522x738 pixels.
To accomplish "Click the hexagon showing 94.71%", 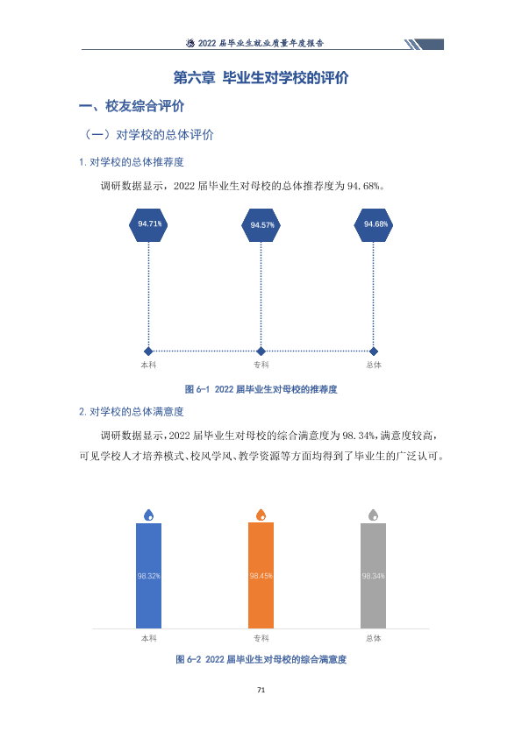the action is point(148,225).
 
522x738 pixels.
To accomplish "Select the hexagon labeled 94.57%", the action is point(261,225).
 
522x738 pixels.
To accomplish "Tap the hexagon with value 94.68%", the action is point(374,225).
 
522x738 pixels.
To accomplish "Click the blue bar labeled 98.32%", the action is point(149,576).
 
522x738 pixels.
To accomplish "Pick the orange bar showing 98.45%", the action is point(261,576).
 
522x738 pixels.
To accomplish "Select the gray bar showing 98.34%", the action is point(373,576).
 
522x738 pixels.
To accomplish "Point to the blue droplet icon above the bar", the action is point(149,514).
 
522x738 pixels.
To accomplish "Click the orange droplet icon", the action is point(261,514).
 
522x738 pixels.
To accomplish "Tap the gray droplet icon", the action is point(373,514).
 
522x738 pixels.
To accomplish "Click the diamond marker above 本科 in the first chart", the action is point(148,351).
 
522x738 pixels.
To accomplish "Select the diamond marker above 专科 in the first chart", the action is point(261,351).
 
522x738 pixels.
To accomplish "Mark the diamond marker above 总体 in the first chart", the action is point(374,351).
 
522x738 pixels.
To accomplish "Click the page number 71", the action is point(261,690).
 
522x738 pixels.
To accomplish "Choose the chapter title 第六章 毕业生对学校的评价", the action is point(261,78).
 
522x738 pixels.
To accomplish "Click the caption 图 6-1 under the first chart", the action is point(261,389).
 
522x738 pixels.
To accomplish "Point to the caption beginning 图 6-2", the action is point(261,659).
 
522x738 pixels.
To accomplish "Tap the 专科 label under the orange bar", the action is point(261,638).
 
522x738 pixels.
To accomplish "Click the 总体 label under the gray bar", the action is point(374,638).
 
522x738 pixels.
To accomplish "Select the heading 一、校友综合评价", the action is point(132,106).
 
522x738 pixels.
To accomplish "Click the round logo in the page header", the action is point(190,43).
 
